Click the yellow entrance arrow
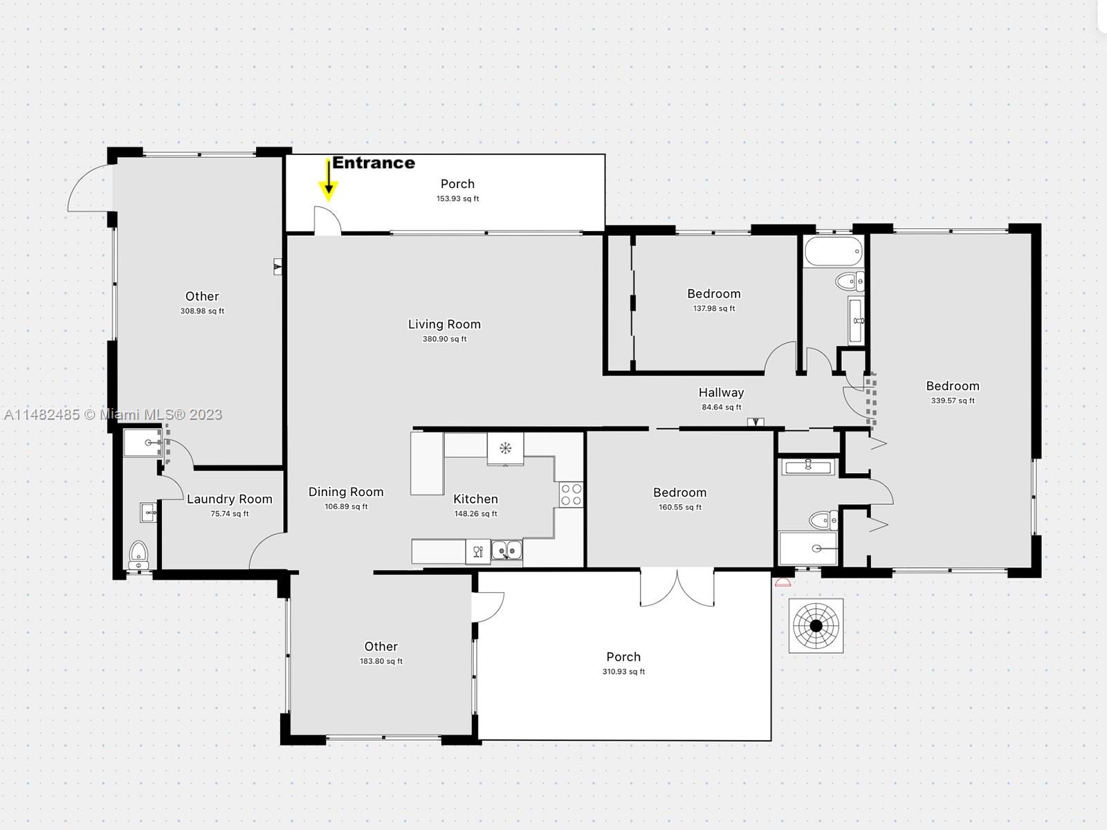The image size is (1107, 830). [x=329, y=181]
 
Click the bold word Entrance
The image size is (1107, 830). [x=374, y=163]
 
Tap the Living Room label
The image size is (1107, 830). [x=444, y=324]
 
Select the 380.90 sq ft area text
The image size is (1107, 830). [x=444, y=339]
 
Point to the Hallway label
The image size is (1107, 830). [x=721, y=392]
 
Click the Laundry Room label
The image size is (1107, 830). [x=230, y=499]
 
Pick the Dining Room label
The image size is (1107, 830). [x=346, y=492]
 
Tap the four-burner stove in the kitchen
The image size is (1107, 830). [x=571, y=495]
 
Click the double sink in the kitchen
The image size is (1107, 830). [x=506, y=550]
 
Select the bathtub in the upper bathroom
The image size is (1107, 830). [x=834, y=252]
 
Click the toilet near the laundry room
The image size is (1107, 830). [x=138, y=555]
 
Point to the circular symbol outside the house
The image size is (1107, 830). [x=816, y=626]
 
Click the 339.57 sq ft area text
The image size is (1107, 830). [x=953, y=400]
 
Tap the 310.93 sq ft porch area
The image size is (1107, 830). [x=623, y=671]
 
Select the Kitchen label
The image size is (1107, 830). [x=475, y=499]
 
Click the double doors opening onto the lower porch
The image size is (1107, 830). [x=677, y=587]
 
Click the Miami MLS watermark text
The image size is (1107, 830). [x=113, y=414]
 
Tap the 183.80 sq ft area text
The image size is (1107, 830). [x=381, y=661]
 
